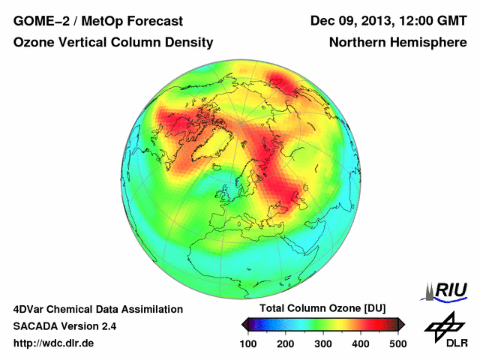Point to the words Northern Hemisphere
point(397,43)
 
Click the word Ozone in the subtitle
point(33,43)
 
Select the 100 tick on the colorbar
point(249,343)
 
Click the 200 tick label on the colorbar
point(286,343)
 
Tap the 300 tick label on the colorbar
point(323,343)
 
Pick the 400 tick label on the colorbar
point(361,343)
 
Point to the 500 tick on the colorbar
point(397,343)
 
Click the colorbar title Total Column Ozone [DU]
point(322,309)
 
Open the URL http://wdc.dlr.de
point(54,343)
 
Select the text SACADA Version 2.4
point(64,326)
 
